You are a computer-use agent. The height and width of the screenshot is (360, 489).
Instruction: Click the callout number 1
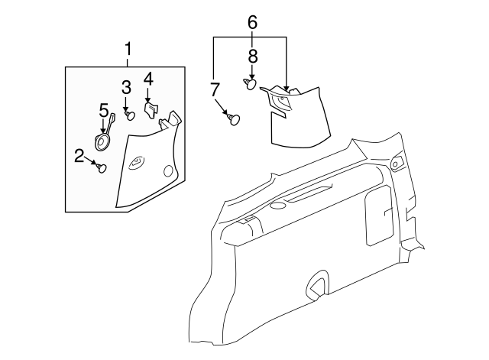(128, 50)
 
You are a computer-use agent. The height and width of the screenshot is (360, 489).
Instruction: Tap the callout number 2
(79, 156)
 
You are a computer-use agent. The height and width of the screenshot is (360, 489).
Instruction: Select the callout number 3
(126, 88)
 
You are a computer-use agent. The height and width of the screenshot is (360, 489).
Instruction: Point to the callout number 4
(148, 79)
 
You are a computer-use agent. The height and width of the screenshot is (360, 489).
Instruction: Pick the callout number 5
(104, 111)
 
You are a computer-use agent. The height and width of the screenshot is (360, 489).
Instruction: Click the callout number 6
(252, 22)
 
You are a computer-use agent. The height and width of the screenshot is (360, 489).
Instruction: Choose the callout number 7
(215, 90)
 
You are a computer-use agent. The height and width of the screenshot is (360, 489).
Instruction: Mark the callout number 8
(253, 57)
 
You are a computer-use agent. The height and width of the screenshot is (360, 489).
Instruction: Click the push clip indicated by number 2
(102, 168)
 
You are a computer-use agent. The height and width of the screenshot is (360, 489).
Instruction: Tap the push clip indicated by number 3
(130, 115)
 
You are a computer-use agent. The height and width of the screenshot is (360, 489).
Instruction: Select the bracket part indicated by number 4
(151, 109)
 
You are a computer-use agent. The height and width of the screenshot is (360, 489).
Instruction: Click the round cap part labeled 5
(102, 142)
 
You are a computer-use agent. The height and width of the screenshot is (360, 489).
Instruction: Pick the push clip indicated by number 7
(234, 120)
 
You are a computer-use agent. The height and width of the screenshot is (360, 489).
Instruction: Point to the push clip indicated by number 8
(250, 84)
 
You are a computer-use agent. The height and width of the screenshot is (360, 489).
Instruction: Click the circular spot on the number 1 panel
(168, 171)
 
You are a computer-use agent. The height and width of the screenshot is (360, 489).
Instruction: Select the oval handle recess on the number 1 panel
(137, 162)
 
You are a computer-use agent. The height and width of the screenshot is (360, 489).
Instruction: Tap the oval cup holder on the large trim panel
(278, 206)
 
